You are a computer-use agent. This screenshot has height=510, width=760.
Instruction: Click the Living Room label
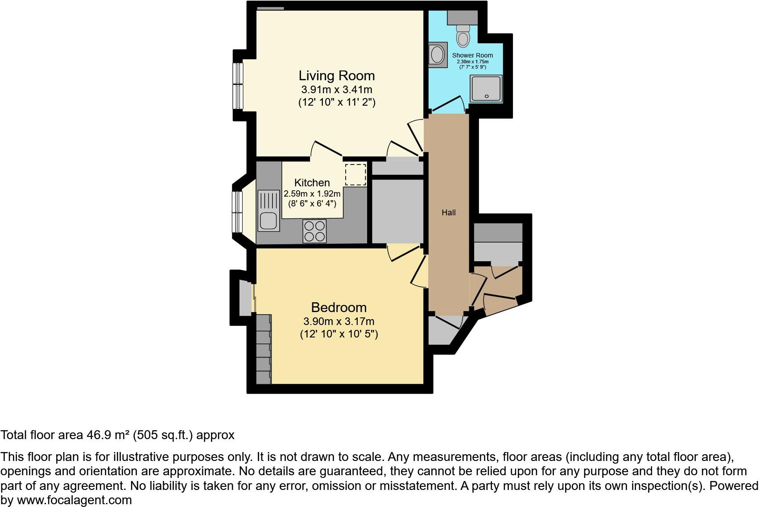coord(336,75)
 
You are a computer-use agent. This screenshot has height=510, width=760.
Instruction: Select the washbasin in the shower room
coord(438,55)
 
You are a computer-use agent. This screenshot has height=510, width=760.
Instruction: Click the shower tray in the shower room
coord(486,88)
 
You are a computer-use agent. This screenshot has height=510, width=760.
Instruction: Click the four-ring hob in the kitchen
coord(314,231)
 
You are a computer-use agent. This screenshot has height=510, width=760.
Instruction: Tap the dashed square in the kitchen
coord(355,175)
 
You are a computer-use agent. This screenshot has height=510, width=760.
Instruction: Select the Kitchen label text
coord(312,183)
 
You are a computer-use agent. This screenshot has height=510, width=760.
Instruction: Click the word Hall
coord(449,213)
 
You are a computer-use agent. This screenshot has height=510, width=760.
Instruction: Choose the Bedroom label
coord(339,307)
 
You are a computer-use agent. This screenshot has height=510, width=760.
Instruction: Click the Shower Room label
coord(472,56)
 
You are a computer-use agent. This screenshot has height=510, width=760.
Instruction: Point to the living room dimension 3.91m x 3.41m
coord(337,90)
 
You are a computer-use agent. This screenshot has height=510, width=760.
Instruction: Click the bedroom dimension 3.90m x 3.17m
coord(339,321)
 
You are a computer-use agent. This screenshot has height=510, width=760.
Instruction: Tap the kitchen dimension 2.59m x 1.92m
coord(312,194)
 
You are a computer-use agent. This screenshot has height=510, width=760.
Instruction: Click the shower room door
coord(447,104)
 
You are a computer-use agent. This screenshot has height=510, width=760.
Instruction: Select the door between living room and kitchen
coord(326,149)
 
